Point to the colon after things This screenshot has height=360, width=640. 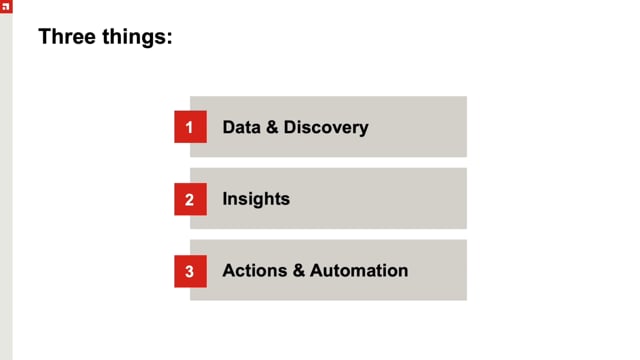[x=170, y=40]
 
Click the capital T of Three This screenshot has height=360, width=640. [x=43, y=38]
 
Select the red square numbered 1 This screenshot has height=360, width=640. [x=190, y=127]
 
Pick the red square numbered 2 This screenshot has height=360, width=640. [x=190, y=199]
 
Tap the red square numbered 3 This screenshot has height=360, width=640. [x=190, y=271]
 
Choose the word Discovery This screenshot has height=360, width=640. [x=326, y=127]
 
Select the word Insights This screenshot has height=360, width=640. [x=256, y=198]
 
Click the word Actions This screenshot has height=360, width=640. [x=251, y=270]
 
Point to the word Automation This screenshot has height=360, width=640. [x=359, y=270]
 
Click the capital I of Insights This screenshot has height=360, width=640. [x=225, y=198]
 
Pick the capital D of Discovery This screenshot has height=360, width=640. [x=290, y=127]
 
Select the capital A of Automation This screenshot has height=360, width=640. [x=316, y=270]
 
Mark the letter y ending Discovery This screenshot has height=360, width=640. [x=364, y=129]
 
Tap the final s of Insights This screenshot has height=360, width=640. [x=286, y=199]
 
